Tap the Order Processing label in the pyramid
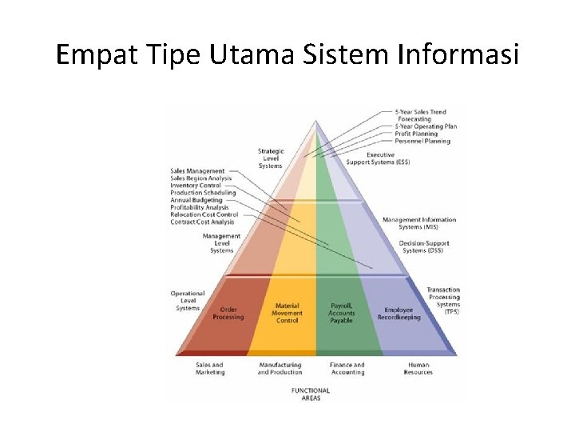[228, 313]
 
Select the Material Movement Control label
[287, 313]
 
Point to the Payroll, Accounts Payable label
[342, 313]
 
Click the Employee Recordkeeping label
[399, 313]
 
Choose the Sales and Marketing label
[209, 368]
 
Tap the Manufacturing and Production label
[280, 368]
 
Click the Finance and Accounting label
[347, 368]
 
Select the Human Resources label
[418, 368]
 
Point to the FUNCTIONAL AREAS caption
[311, 394]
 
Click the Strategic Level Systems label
[270, 158]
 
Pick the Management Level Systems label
[221, 243]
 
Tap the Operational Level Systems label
[188, 301]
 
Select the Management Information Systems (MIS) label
[419, 222]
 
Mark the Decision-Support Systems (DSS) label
[425, 246]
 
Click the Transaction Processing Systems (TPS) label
[443, 300]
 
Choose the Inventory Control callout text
[196, 186]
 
